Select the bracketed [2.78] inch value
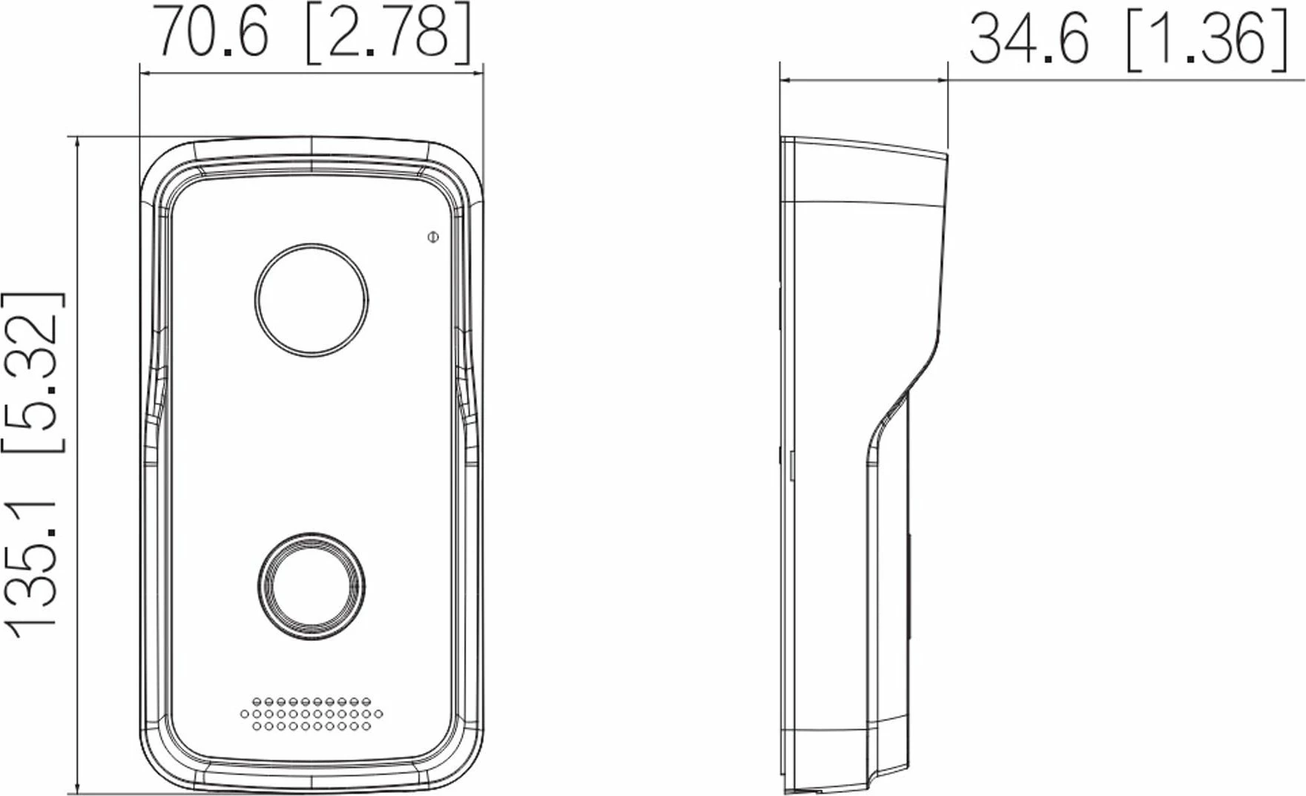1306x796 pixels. coord(388,33)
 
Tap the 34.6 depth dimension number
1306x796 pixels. coord(1029,39)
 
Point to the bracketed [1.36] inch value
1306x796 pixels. coord(1207,41)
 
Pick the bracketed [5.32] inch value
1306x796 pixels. coord(31,372)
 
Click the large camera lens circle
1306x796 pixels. coord(311,300)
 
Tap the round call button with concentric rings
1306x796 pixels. coord(311,586)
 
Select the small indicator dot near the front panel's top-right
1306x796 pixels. coord(433,237)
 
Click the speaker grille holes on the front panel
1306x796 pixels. coord(311,714)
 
